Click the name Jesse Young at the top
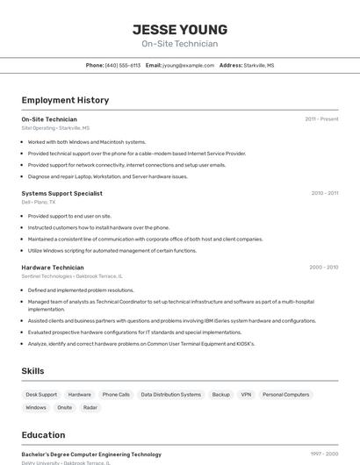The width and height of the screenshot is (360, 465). pyautogui.click(x=180, y=30)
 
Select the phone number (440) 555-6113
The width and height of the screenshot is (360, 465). pyautogui.click(x=123, y=65)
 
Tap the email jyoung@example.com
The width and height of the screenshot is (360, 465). pyautogui.click(x=188, y=65)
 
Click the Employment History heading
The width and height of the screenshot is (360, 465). pyautogui.click(x=65, y=100)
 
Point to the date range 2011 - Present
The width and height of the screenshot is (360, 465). pyautogui.click(x=321, y=118)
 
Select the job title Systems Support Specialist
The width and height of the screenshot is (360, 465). pyautogui.click(x=61, y=193)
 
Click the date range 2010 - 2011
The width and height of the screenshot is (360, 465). pyautogui.click(x=324, y=193)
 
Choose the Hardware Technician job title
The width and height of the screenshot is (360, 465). pyautogui.click(x=53, y=268)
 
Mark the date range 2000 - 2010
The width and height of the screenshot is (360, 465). pyautogui.click(x=323, y=268)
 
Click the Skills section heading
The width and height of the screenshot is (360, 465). pyautogui.click(x=32, y=371)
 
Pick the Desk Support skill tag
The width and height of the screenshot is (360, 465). pyautogui.click(x=41, y=395)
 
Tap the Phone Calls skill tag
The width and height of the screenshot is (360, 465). pyautogui.click(x=116, y=395)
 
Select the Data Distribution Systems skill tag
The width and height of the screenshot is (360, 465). pyautogui.click(x=171, y=395)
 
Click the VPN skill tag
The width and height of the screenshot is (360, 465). pyautogui.click(x=246, y=395)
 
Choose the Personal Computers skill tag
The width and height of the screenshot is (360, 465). pyautogui.click(x=285, y=395)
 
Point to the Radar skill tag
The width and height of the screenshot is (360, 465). pyautogui.click(x=90, y=408)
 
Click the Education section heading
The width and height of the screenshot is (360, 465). pyautogui.click(x=43, y=435)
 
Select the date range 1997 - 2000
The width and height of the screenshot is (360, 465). pyautogui.click(x=324, y=454)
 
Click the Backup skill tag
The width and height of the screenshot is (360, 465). pyautogui.click(x=220, y=395)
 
